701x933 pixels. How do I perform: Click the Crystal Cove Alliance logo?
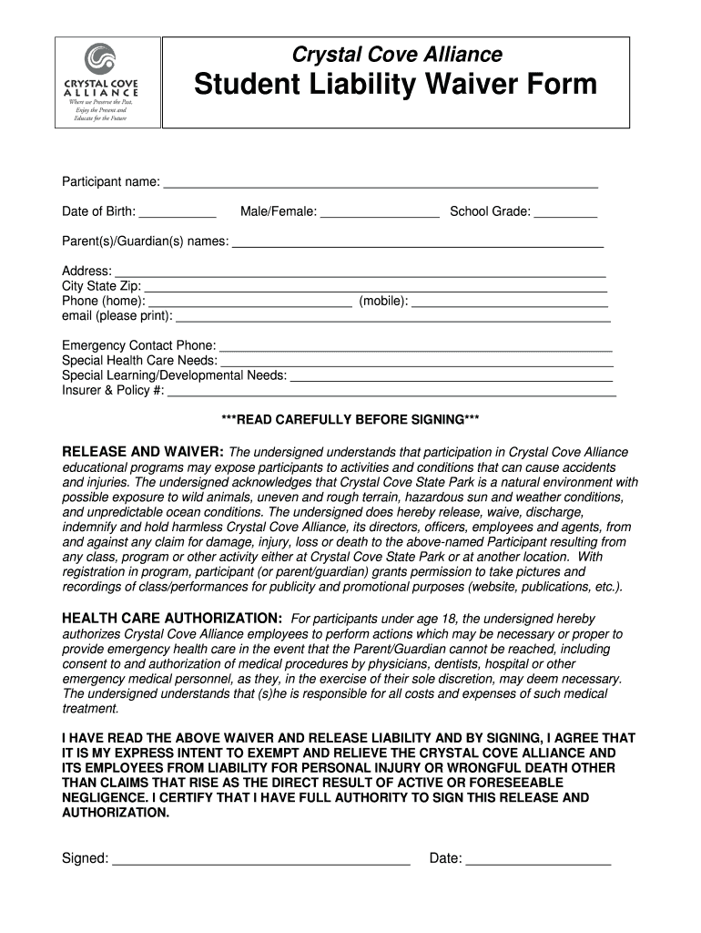100,83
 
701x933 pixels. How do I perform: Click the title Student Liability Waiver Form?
395,86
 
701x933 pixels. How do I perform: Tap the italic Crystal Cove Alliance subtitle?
396,55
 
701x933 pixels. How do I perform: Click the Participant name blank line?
380,184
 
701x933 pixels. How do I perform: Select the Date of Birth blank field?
178,214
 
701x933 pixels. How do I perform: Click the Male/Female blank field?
380,214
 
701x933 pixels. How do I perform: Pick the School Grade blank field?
565,214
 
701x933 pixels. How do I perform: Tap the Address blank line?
361,272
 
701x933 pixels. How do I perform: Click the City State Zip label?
101,286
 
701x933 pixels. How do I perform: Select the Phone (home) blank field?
250,302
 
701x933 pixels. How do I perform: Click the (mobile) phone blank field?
510,302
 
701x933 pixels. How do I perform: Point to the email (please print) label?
117,316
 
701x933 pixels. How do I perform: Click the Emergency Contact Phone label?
139,346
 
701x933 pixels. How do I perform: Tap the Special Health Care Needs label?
139,361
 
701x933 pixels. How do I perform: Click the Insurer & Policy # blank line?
392,393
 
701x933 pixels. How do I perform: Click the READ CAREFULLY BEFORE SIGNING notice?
350,420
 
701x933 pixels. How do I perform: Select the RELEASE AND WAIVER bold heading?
143,453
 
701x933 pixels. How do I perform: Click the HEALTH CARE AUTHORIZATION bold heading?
172,618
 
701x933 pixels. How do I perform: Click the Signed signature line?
261,860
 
